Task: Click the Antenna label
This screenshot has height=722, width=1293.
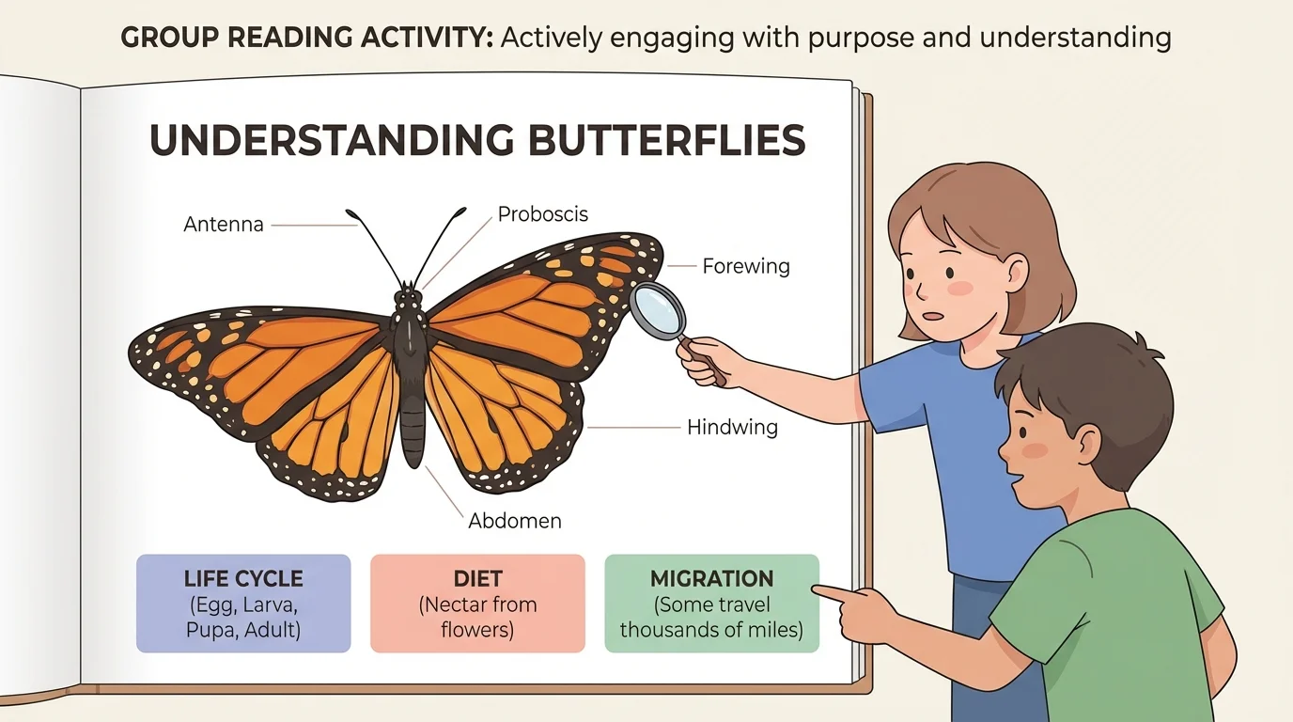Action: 224,225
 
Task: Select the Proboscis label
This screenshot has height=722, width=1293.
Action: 542,214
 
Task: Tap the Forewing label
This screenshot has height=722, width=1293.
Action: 746,266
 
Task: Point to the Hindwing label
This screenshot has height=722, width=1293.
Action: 732,428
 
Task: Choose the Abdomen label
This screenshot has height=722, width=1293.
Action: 514,520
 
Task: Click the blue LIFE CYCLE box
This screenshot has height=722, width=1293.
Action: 243,604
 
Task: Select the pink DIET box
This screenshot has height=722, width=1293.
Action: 477,604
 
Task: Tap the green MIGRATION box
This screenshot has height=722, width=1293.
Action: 711,604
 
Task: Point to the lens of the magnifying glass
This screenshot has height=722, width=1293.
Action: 657,309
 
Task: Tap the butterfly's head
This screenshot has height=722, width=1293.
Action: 409,299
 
